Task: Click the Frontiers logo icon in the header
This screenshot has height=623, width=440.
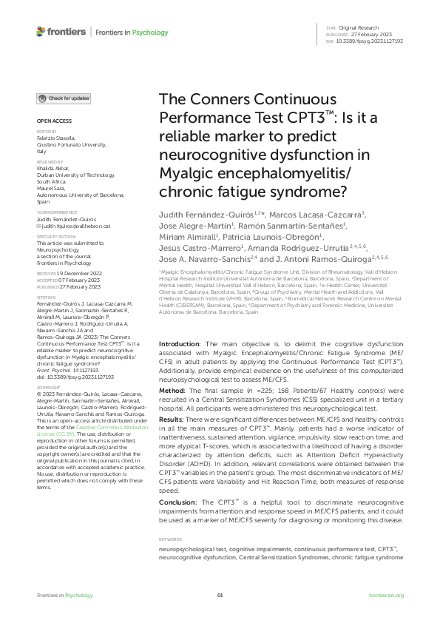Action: (x=41, y=32)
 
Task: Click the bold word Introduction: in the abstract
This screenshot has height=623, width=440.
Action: (x=181, y=345)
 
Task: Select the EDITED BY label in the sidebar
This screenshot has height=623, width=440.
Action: (x=45, y=132)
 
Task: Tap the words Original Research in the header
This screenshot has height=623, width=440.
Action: (x=363, y=27)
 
